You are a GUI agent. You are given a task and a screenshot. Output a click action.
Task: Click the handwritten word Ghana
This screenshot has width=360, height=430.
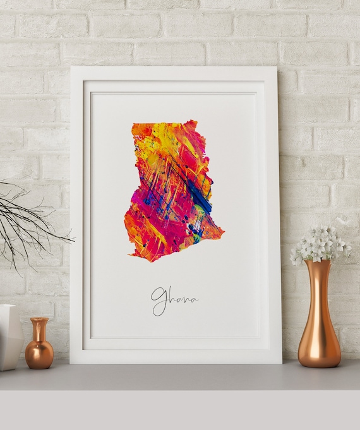pos(174,299)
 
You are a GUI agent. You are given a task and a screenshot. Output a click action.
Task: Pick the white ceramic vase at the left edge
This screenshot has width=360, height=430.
pos(9,337)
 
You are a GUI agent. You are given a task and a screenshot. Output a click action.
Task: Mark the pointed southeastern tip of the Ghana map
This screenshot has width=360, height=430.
pos(222,234)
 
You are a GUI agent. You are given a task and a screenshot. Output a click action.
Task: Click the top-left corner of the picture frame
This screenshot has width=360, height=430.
pos(71,68)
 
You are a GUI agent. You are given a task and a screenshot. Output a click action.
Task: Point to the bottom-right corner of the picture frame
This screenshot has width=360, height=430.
pos(281,363)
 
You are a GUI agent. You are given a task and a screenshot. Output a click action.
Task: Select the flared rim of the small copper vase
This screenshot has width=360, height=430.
pos(39,320)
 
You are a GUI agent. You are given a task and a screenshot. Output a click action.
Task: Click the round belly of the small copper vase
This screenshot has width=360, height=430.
pos(39,354)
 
